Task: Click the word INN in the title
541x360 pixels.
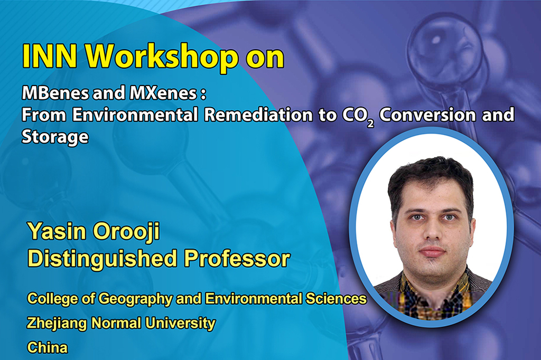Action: (49, 56)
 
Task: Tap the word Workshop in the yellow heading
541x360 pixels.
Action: (162, 58)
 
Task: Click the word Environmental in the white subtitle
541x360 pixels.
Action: (135, 115)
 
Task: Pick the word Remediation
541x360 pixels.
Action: (258, 115)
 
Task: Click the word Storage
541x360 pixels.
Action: (55, 137)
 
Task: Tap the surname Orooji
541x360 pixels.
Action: (126, 232)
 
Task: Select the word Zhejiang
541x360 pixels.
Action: (57, 324)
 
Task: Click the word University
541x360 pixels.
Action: (181, 324)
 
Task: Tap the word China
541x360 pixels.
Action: (48, 347)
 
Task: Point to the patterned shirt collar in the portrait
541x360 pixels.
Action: (434, 281)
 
